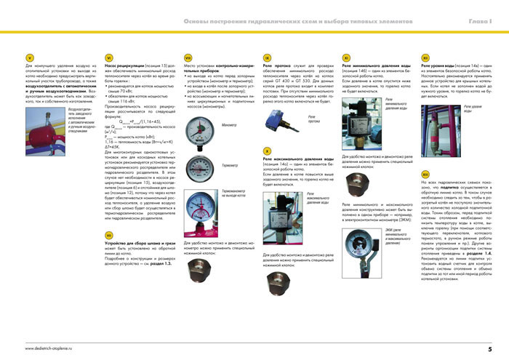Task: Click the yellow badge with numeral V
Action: pyautogui.click(x=30, y=57)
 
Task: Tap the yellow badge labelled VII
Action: pyautogui.click(x=108, y=236)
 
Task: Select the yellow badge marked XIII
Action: pyautogui.click(x=425, y=175)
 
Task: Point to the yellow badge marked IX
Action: pyautogui.click(x=268, y=57)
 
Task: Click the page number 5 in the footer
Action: pyautogui.click(x=490, y=348)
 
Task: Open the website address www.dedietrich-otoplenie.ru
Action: pyautogui.click(x=53, y=348)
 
